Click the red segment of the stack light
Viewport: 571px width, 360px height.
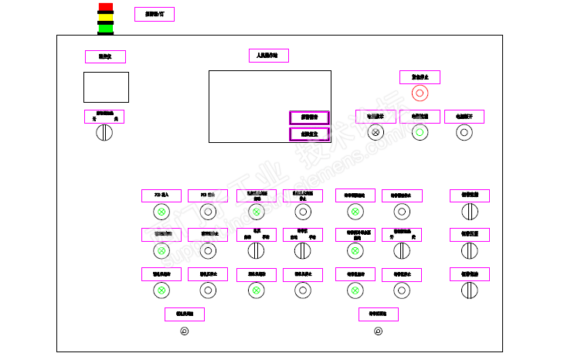click(105, 7)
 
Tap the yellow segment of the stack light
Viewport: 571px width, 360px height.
click(105, 18)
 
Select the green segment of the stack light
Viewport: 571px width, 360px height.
click(105, 29)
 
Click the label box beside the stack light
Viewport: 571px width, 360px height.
click(155, 14)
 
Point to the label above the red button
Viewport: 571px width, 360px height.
click(420, 76)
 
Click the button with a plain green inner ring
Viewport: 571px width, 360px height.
click(420, 132)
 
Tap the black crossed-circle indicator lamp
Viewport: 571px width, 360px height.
click(376, 132)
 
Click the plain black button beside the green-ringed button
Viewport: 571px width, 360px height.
click(464, 132)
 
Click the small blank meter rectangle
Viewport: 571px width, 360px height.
click(105, 87)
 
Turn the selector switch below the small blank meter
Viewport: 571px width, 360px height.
click(104, 133)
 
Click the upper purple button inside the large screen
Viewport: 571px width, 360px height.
click(309, 117)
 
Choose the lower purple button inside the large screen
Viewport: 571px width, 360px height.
click(309, 134)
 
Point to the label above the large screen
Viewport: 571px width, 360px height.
click(268, 56)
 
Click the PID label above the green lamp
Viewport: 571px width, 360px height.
click(161, 195)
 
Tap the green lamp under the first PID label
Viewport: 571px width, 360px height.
click(161, 212)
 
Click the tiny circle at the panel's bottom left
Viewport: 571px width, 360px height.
click(184, 332)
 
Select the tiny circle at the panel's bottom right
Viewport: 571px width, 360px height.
click(378, 332)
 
